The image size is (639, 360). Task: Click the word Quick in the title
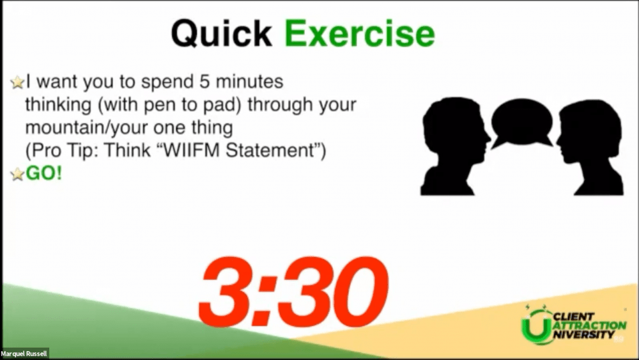[221, 34]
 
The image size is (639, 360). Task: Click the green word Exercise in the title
[359, 33]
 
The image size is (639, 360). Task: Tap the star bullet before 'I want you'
[17, 82]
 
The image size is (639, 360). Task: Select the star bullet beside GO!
[17, 175]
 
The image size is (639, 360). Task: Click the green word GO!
[44, 173]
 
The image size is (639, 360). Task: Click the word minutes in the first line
[249, 82]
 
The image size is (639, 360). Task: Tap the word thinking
[59, 106]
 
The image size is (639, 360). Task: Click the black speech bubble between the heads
[522, 123]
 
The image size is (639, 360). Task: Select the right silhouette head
[590, 147]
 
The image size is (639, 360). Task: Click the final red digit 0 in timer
[361, 290]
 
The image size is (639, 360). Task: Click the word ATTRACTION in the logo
[590, 325]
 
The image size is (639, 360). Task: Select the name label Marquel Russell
[24, 354]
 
